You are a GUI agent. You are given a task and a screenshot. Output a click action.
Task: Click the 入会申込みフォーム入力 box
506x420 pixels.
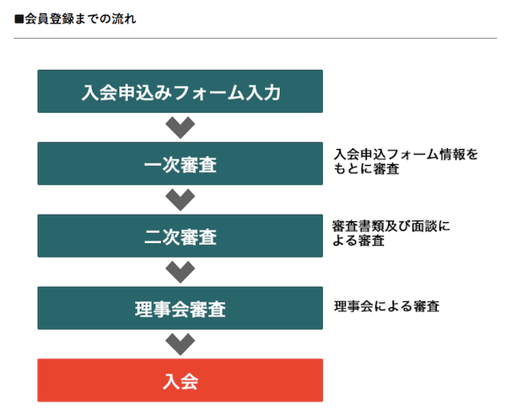180,91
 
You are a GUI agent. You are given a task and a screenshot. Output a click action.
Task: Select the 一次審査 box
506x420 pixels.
180,163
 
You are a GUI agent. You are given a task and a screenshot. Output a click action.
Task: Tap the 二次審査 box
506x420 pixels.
180,236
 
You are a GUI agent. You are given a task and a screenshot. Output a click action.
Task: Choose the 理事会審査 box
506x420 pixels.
180,308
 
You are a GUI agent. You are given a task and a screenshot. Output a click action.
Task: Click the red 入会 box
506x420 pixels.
180,380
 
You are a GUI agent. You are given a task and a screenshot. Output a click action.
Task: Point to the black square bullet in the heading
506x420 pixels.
19,19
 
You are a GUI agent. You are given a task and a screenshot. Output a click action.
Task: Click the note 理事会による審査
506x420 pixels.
386,306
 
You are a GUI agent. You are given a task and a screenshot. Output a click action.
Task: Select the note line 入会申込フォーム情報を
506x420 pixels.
406,154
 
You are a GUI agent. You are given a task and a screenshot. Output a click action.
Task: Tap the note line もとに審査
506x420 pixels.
366,168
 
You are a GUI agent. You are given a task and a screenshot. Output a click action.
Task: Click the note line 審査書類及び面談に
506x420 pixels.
391,226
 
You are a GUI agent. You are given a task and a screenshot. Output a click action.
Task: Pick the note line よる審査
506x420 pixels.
358,240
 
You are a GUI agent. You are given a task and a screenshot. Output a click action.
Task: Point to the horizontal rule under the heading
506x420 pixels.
256,39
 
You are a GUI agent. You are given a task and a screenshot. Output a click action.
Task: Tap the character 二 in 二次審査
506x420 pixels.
153,237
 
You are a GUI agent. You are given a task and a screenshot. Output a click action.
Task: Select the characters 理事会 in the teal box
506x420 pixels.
162,309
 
